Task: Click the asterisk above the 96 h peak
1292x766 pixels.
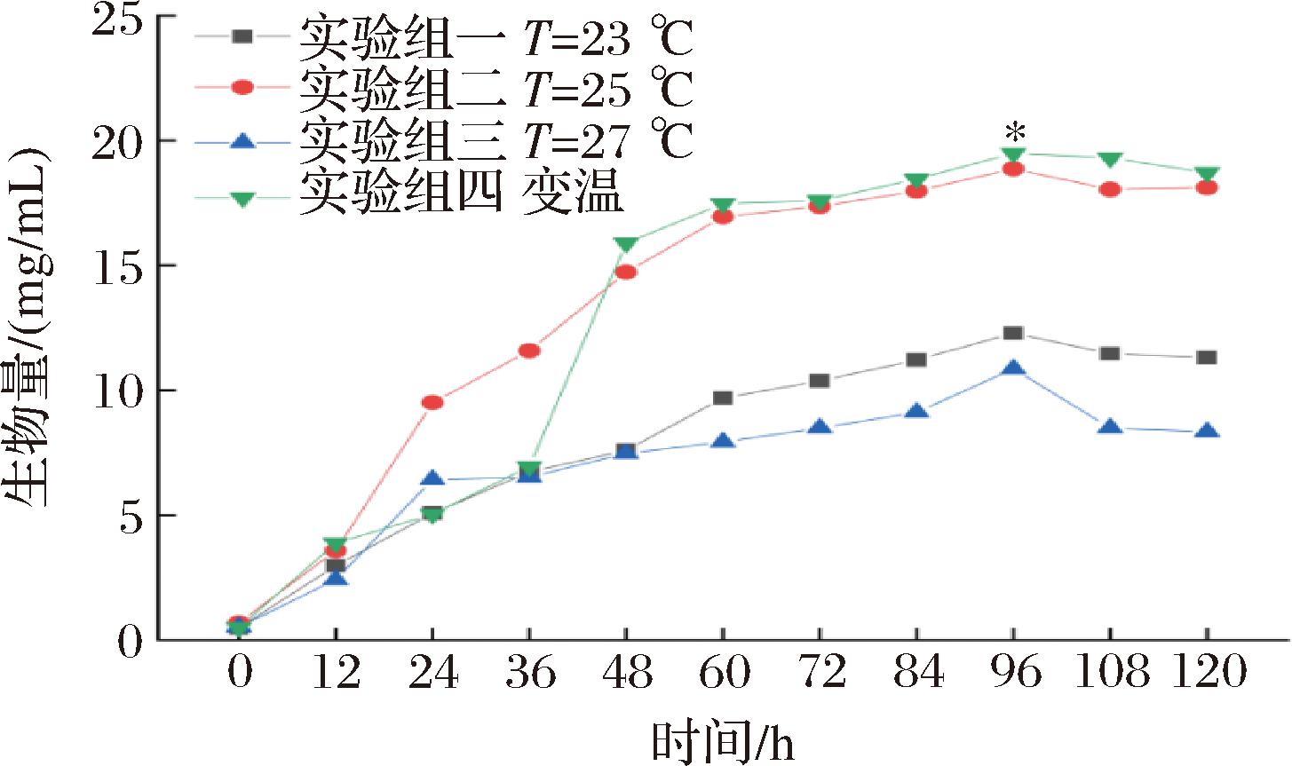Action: click(1014, 134)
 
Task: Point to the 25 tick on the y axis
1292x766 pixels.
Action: click(120, 20)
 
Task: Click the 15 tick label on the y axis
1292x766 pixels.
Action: click(120, 266)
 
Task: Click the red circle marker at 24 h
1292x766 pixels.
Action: click(432, 402)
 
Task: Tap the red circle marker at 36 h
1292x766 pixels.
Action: click(529, 351)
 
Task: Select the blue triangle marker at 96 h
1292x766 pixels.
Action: click(1013, 369)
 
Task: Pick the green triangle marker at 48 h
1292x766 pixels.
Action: click(626, 244)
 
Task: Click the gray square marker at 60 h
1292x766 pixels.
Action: click(723, 398)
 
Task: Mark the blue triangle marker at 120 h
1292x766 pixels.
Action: click(1207, 432)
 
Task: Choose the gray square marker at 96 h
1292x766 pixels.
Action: click(1013, 333)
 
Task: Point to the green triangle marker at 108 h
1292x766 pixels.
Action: click(1110, 159)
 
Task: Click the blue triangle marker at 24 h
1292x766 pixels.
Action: click(432, 479)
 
